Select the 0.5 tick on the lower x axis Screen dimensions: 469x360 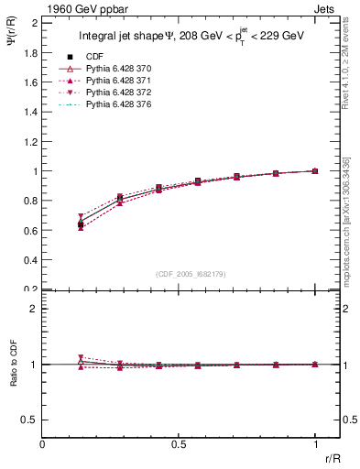coord(178,442)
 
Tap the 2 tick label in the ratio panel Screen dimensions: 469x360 coord(34,309)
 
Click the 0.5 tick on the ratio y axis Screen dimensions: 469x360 coord(31,420)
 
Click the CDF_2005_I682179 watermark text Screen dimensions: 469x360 coord(191,274)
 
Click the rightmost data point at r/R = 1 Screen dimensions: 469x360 coord(315,171)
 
